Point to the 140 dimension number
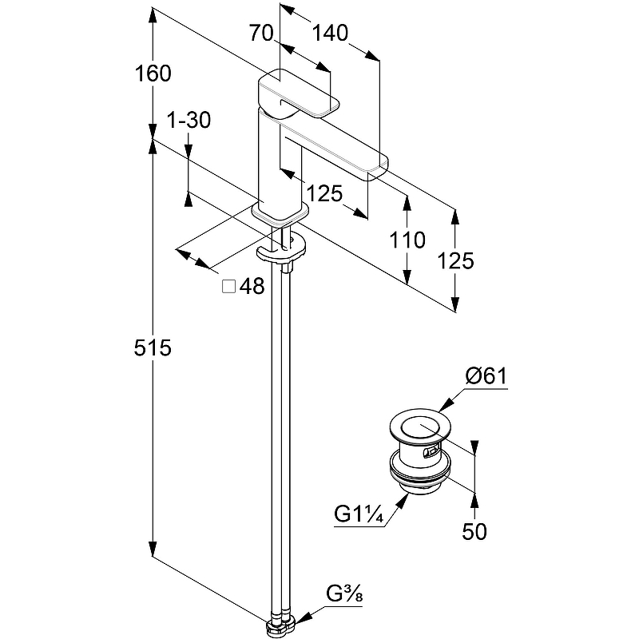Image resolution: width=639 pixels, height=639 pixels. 330,33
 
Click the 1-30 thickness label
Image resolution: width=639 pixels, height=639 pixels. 188,121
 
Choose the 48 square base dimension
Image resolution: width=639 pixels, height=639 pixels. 252,286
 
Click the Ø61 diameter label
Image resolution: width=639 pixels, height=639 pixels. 486,376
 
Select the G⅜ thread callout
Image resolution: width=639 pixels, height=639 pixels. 345,593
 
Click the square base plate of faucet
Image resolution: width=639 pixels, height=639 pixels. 279,213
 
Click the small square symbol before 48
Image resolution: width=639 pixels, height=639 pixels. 228,286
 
